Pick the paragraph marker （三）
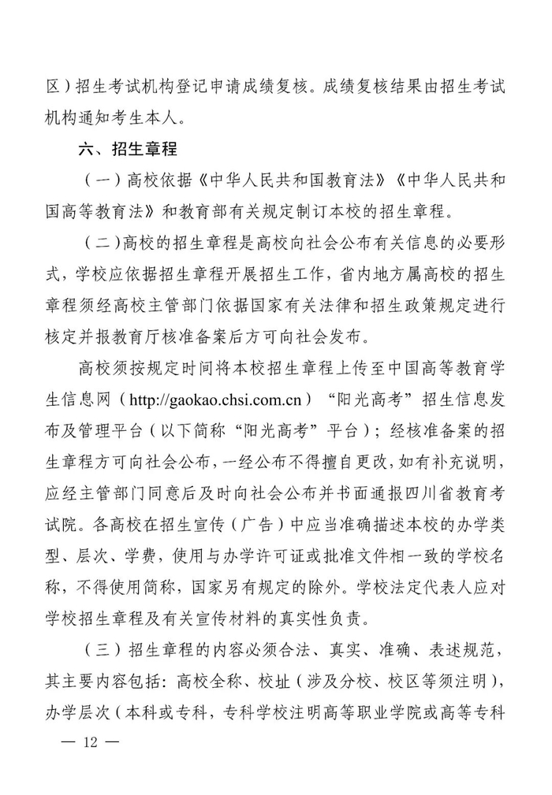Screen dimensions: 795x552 point(98,651)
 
